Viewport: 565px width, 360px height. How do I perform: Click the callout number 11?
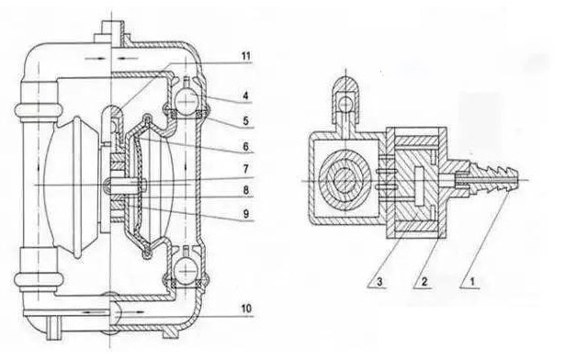pyautogui.click(x=245, y=56)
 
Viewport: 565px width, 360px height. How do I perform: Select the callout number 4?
pyautogui.click(x=245, y=96)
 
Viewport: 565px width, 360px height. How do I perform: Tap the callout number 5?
pyautogui.click(x=245, y=120)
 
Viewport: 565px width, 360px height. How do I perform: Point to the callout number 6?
pyautogui.click(x=245, y=146)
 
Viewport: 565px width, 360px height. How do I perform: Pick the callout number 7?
pyautogui.click(x=245, y=169)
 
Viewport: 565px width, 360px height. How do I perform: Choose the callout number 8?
pyautogui.click(x=245, y=190)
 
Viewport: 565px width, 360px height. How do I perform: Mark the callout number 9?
pyautogui.click(x=245, y=214)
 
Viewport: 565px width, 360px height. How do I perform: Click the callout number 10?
pyautogui.click(x=245, y=309)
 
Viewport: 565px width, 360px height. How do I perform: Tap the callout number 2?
pyautogui.click(x=424, y=281)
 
